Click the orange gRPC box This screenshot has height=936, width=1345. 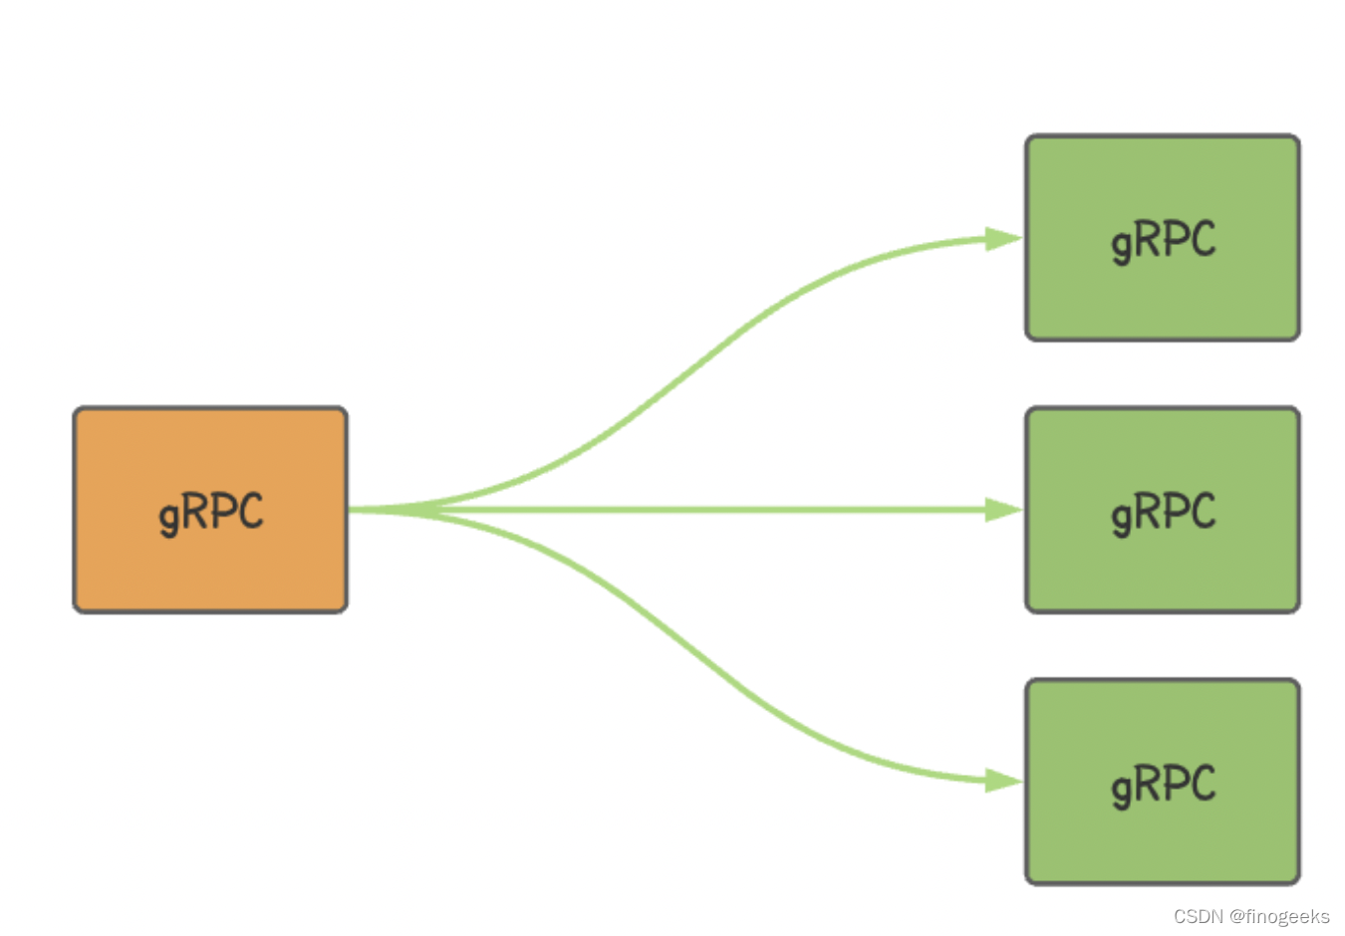(210, 510)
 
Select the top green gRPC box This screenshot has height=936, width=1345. (1163, 238)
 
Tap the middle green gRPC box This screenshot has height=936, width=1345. (1163, 510)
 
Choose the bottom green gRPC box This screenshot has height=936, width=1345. (1163, 783)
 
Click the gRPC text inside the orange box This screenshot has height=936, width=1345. (211, 514)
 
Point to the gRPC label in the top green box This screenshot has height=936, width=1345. (1164, 242)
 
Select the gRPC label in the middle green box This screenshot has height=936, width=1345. (1164, 514)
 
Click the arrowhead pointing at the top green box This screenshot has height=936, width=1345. (1004, 239)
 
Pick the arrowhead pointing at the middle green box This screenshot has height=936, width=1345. (1004, 510)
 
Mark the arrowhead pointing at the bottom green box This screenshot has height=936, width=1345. (1004, 782)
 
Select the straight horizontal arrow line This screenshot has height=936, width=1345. (685, 510)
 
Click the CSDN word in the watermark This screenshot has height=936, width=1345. (1199, 917)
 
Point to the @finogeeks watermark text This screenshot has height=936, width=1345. (1279, 917)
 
